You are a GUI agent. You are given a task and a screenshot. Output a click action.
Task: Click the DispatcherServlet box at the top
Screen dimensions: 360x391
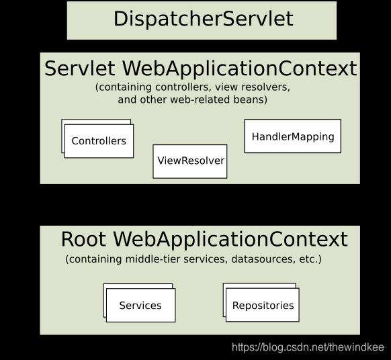[202, 19]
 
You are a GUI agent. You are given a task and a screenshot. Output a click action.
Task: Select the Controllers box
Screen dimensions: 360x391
[99, 141]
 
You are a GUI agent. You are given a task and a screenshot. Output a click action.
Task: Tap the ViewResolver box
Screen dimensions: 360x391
[190, 161]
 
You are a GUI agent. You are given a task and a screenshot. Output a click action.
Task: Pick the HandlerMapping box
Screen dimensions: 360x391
[292, 136]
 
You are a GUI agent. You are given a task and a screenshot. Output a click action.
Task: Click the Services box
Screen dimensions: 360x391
[140, 306]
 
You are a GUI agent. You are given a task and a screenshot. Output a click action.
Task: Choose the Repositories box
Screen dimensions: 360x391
[263, 306]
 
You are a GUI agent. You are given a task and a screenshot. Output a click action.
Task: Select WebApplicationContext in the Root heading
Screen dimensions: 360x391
[230, 240]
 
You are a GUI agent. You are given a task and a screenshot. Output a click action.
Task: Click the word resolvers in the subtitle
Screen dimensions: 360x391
[265, 87]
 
